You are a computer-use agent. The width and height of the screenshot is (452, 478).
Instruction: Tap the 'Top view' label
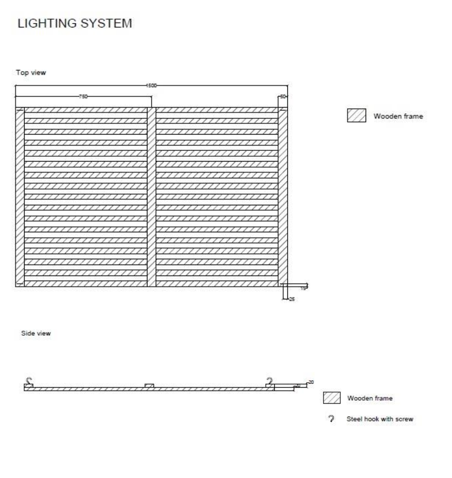click(31, 73)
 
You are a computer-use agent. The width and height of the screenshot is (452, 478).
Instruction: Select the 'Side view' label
click(36, 334)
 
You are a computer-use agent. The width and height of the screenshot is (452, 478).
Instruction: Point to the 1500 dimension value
click(151, 85)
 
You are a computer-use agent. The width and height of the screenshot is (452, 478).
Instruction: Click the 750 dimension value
click(83, 96)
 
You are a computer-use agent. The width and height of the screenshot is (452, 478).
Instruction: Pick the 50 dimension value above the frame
click(283, 96)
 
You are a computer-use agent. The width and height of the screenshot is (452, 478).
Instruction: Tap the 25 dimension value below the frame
click(291, 299)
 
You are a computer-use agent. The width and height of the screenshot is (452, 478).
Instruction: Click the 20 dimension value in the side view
click(311, 382)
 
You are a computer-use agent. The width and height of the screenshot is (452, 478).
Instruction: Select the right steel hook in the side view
click(269, 381)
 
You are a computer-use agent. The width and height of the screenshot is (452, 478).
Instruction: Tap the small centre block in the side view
click(149, 385)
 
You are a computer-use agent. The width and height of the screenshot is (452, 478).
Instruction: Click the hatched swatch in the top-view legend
click(356, 116)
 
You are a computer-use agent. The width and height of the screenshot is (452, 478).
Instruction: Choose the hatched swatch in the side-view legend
click(332, 398)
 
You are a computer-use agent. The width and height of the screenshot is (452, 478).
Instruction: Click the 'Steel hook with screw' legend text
click(380, 419)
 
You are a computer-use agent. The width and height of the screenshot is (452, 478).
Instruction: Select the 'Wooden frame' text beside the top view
click(398, 117)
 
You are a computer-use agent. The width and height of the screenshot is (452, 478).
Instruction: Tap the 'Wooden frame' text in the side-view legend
click(370, 398)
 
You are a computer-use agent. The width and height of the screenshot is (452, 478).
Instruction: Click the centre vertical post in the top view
click(151, 197)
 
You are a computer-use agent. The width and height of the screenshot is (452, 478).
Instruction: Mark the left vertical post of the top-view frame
click(20, 197)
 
